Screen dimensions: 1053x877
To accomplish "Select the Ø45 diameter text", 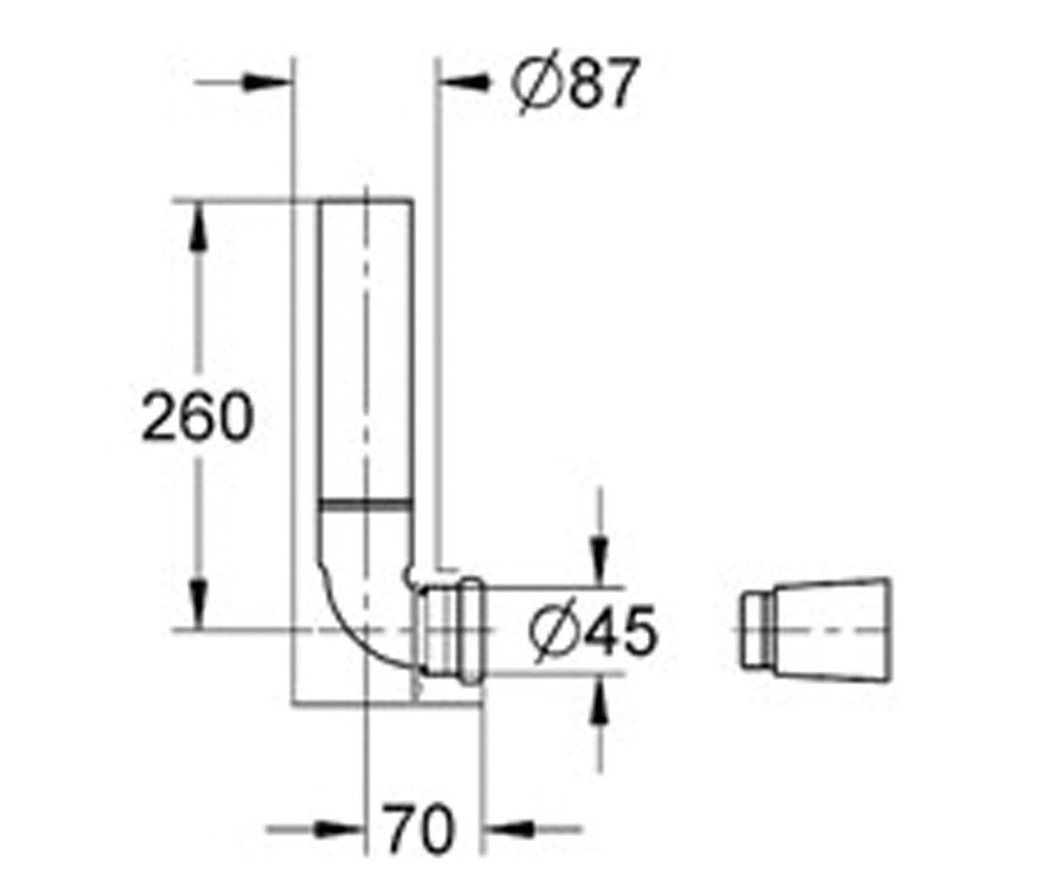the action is coord(593,632).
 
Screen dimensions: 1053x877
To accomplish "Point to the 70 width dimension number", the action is coord(419,829).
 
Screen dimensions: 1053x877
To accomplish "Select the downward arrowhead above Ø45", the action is coord(599,563).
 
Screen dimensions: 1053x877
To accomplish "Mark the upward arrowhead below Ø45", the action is coord(599,698).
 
